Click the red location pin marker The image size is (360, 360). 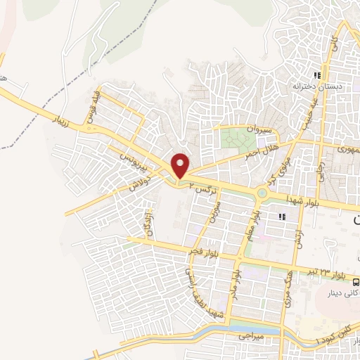[x=181, y=165]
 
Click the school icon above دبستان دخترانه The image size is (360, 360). [x=318, y=75]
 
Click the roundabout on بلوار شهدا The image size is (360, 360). [x=262, y=193]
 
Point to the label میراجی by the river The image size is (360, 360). [x=252, y=337]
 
